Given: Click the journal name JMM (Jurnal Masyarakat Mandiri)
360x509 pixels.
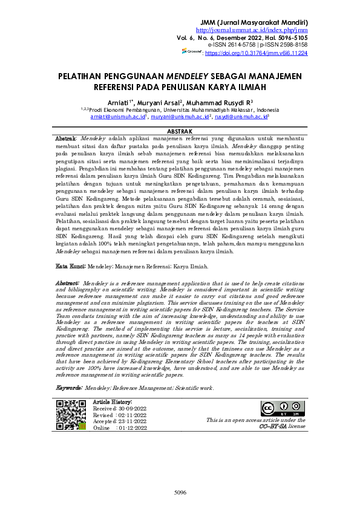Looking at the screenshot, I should (257, 22).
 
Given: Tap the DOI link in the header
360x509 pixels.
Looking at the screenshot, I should (256, 53).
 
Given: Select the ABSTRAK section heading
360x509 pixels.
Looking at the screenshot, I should (179, 131).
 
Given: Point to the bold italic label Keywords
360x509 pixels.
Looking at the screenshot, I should (69, 387).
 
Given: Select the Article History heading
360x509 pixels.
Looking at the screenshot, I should (113, 402).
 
